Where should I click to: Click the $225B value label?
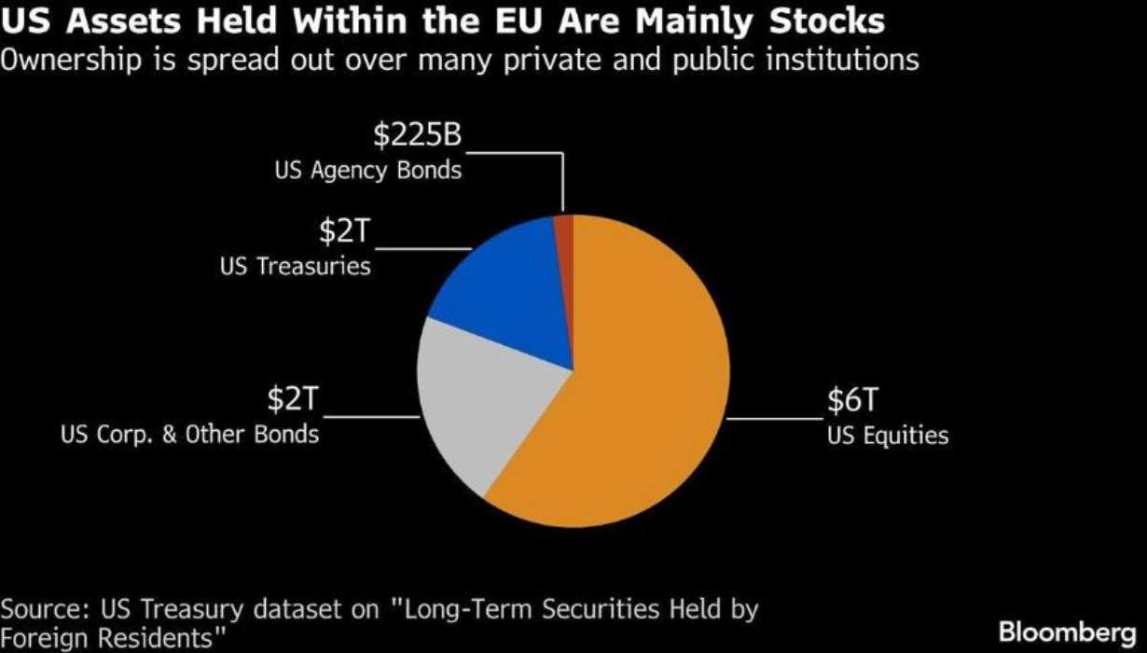click(x=418, y=134)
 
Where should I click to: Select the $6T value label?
click(x=853, y=399)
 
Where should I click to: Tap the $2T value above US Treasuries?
click(x=344, y=230)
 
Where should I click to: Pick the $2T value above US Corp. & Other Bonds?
click(x=293, y=398)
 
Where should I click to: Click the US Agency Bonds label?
click(x=368, y=171)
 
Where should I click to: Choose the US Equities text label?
click(x=888, y=436)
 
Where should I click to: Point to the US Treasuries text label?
click(x=296, y=266)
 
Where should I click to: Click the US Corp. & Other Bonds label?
click(x=189, y=435)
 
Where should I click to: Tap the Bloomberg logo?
click(x=1068, y=633)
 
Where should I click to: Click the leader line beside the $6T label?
click(x=775, y=419)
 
